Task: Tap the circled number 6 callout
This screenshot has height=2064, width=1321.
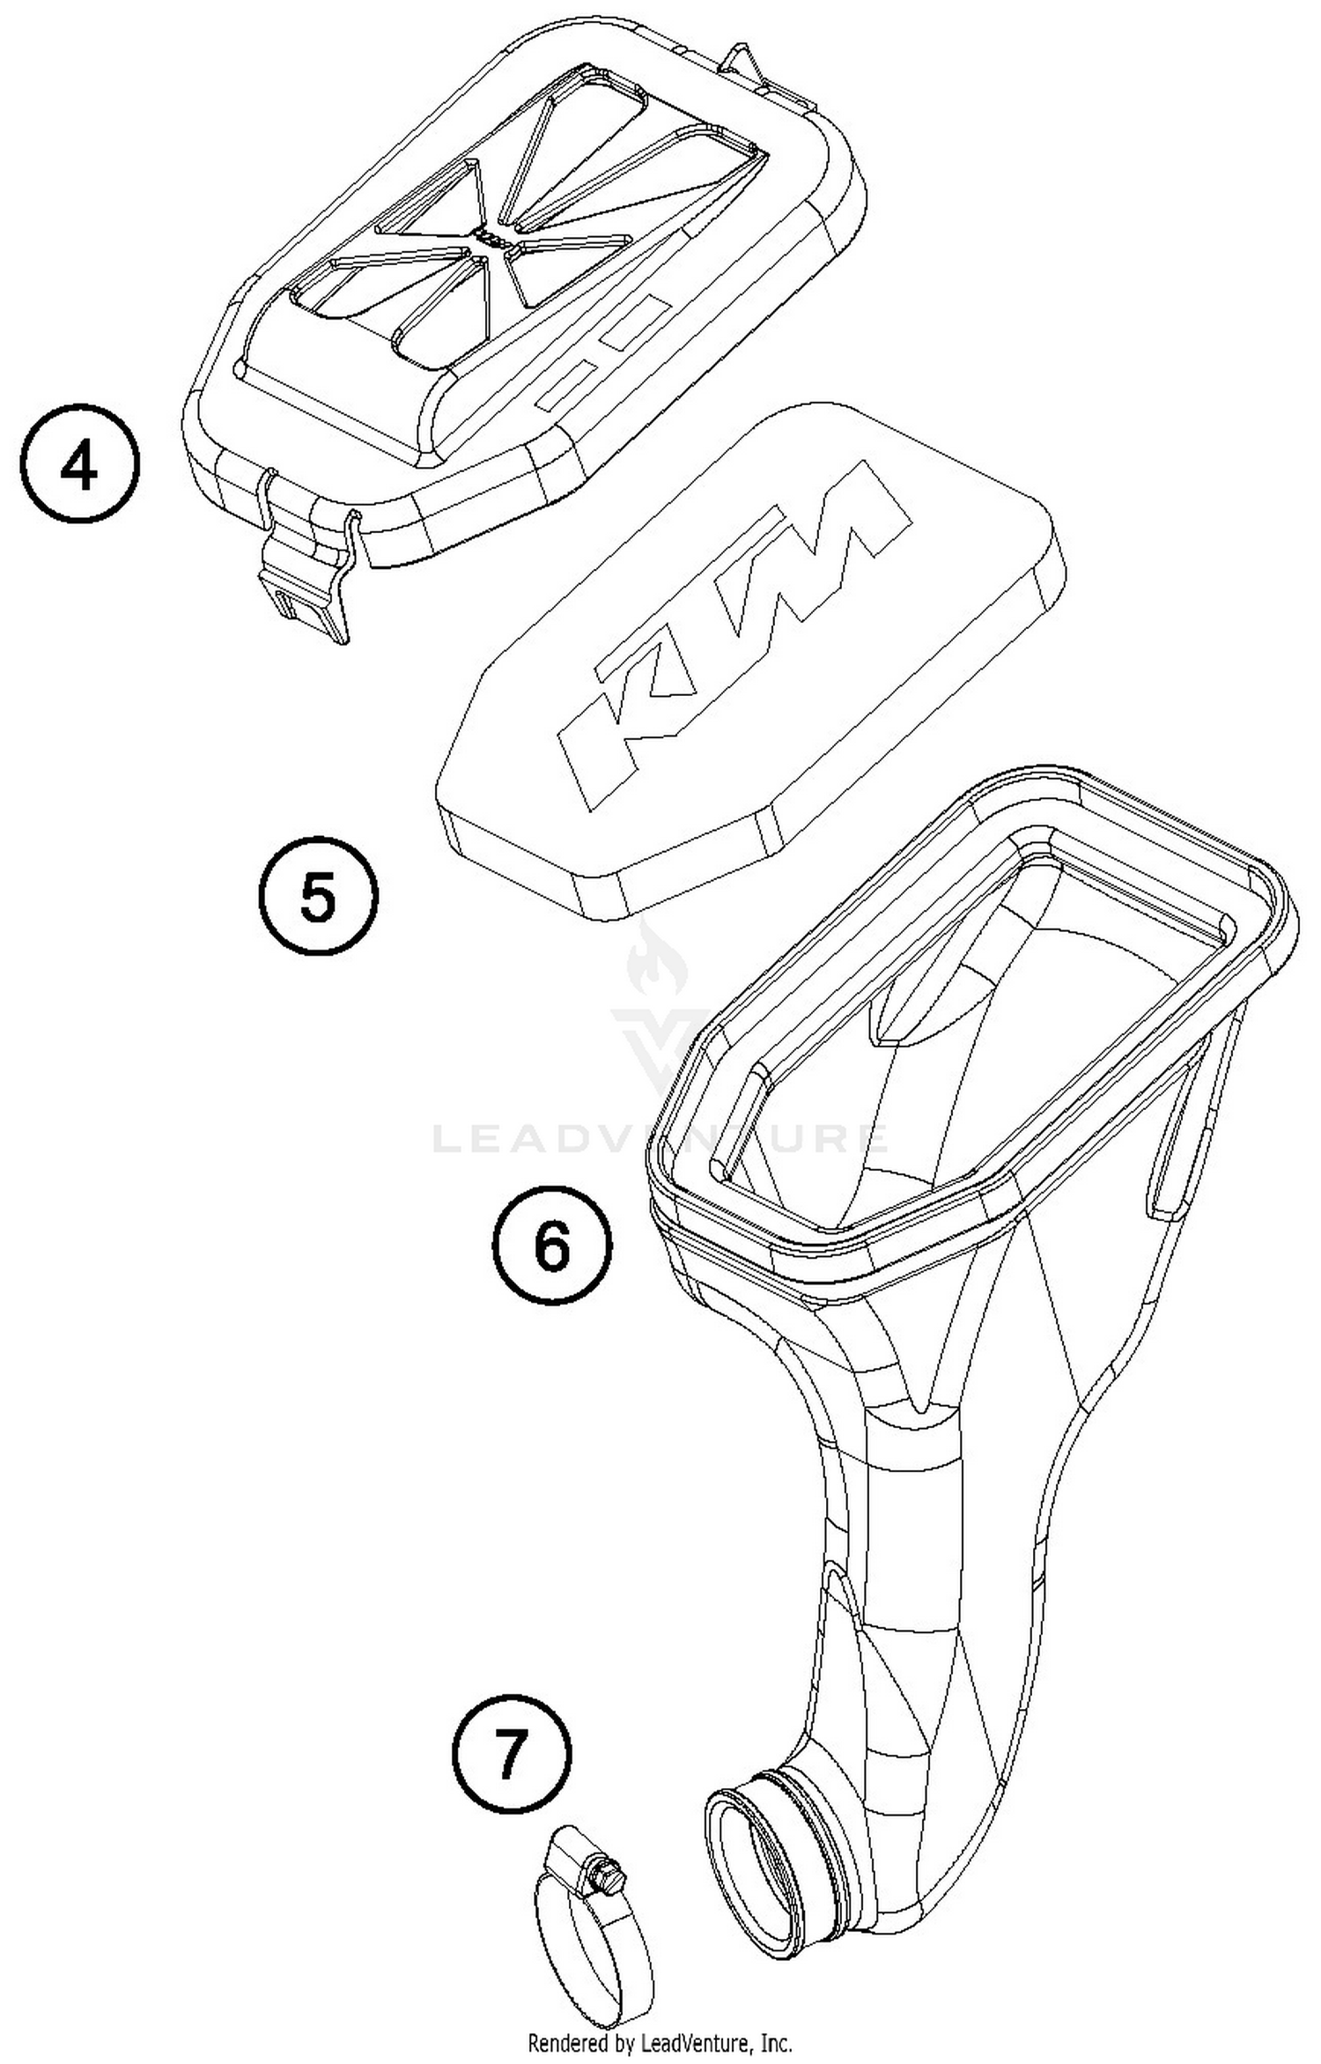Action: pyautogui.click(x=551, y=1245)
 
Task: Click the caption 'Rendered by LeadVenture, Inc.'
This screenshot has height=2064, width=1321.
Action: pyautogui.click(x=660, y=2040)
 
